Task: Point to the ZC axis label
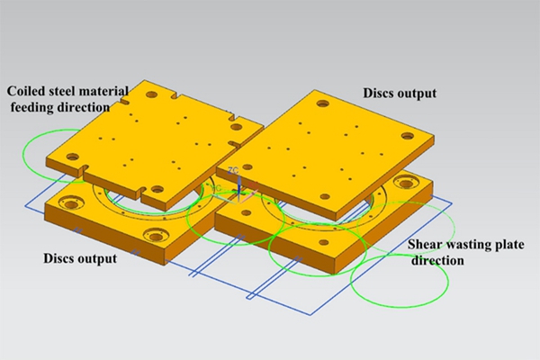coord(233,170)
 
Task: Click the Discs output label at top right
coord(400,93)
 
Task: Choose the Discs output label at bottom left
coord(80,258)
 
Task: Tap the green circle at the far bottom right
coord(400,281)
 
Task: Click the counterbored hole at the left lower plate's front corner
coord(156,237)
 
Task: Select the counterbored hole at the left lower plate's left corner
coord(71,204)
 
